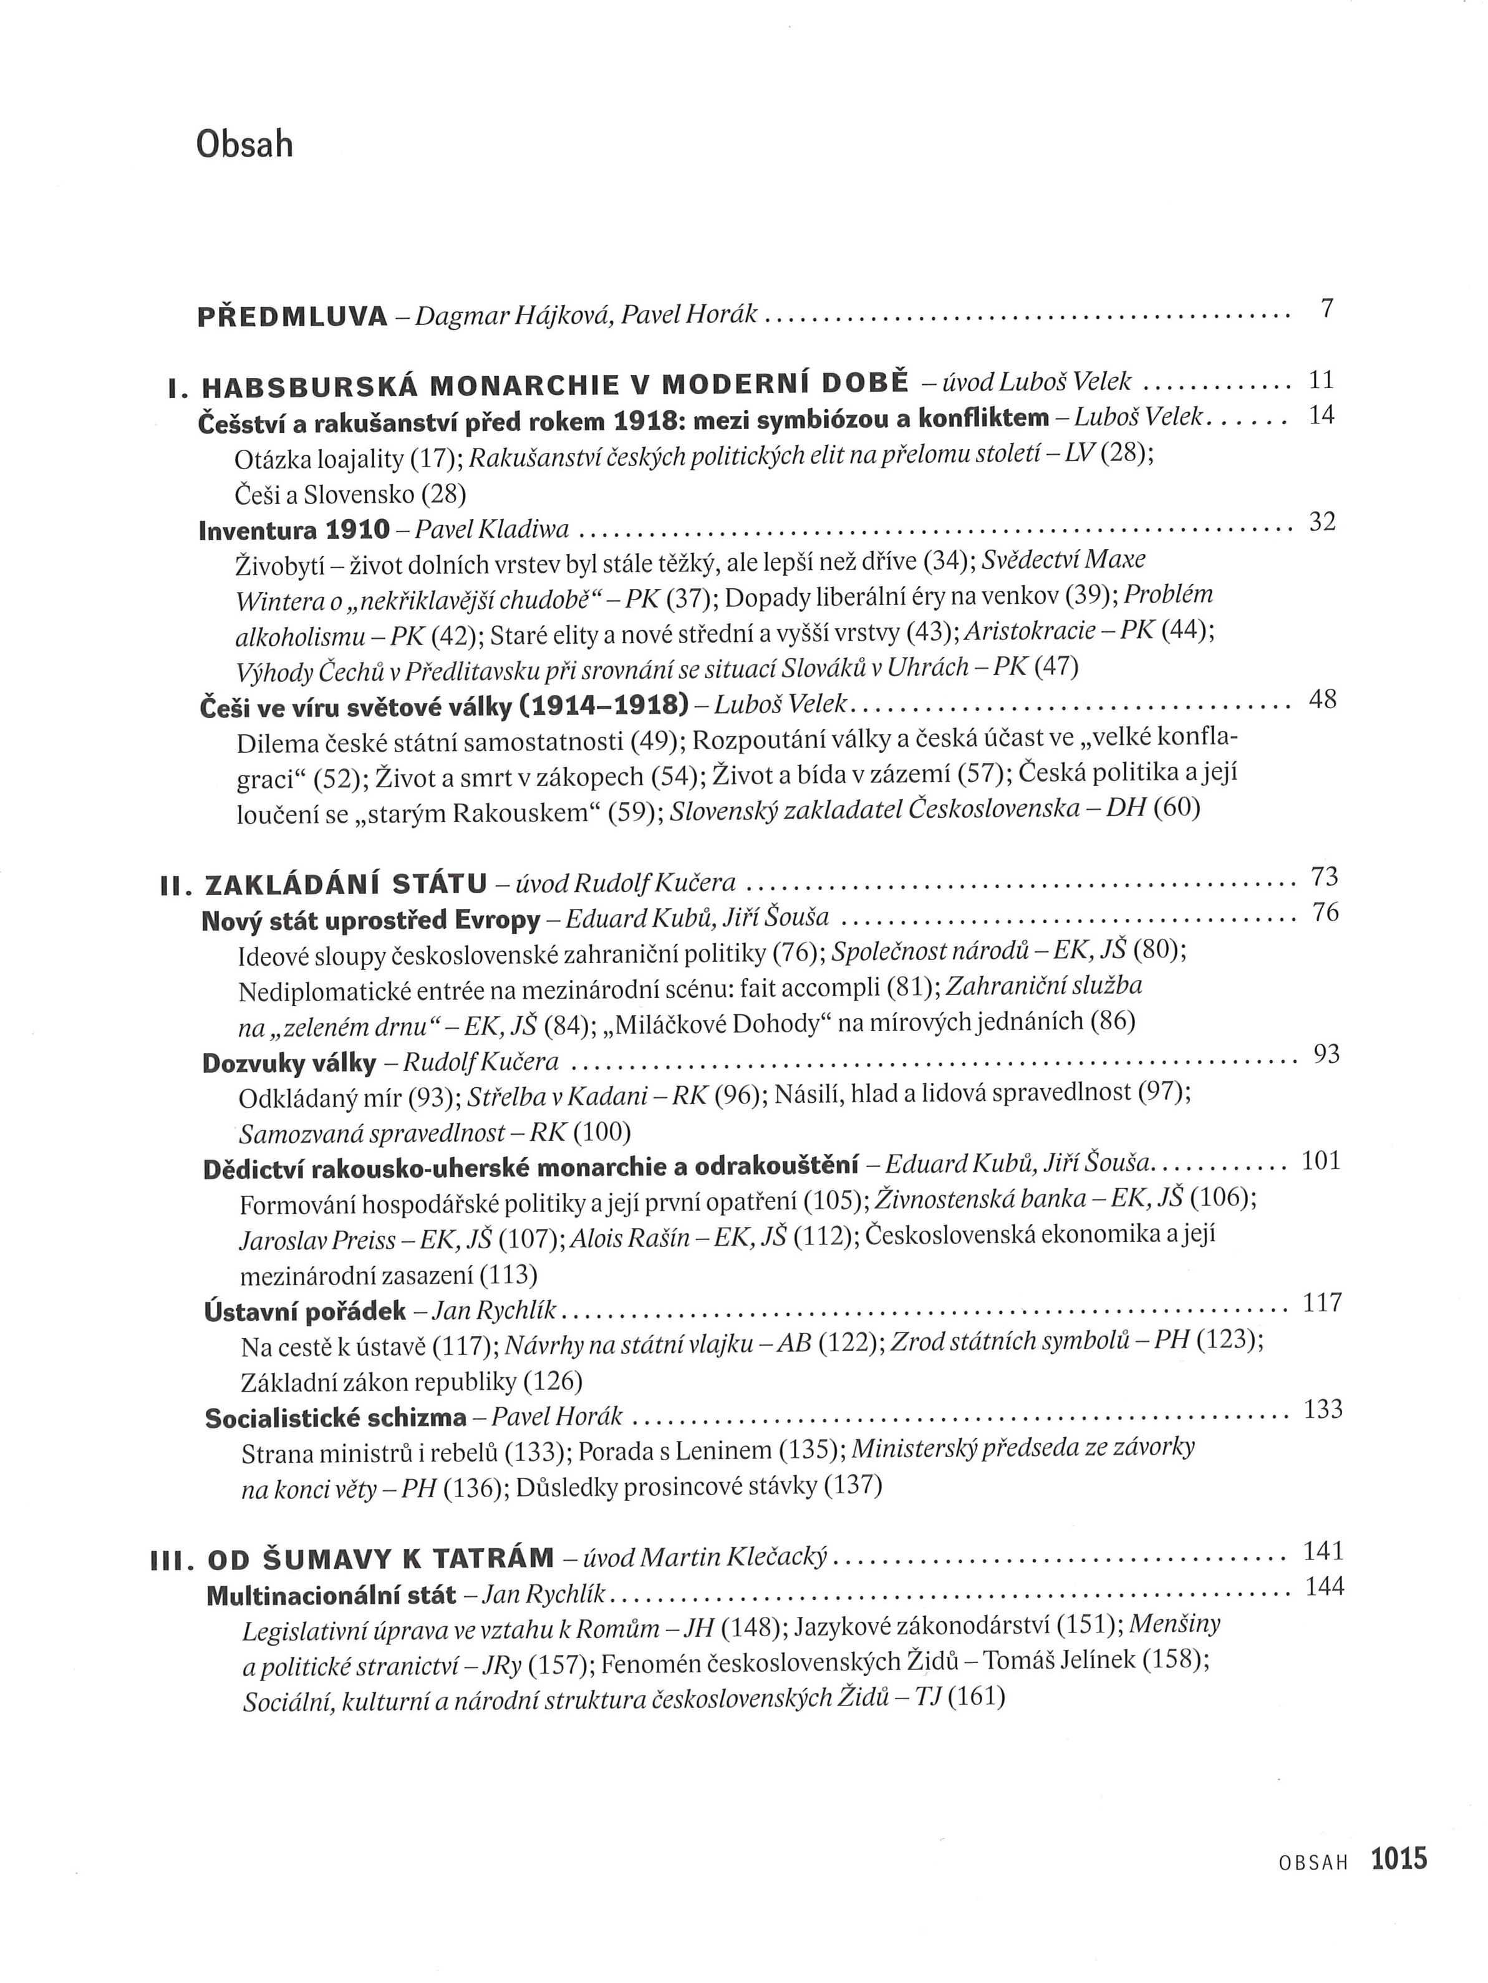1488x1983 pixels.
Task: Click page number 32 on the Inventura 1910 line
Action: [x=1322, y=521]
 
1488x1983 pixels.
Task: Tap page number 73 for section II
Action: [x=1324, y=876]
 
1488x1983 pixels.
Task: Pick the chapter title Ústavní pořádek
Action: [x=305, y=1312]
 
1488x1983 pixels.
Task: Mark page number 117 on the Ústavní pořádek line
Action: [x=1322, y=1302]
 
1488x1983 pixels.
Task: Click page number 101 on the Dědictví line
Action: [x=1320, y=1161]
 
